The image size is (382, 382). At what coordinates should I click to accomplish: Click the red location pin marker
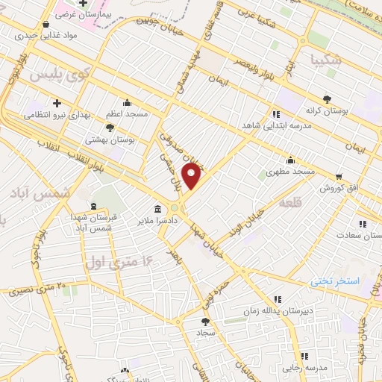192,176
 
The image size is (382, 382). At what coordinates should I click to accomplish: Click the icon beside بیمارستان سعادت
363,223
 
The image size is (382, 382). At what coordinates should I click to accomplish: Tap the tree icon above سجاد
204,321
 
